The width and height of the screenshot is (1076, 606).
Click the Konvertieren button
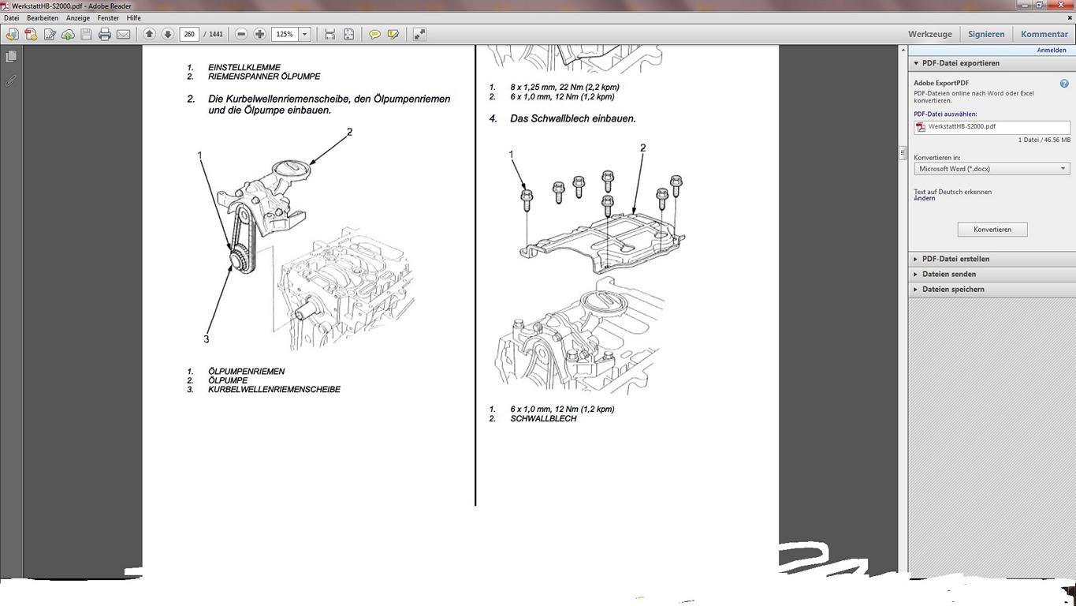(992, 230)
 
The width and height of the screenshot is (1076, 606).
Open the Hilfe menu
(133, 18)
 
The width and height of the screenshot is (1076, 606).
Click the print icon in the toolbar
(105, 34)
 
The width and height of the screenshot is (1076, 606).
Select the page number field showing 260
(189, 34)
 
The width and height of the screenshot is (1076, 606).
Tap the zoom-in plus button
(260, 34)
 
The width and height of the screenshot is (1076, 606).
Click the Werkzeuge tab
(930, 34)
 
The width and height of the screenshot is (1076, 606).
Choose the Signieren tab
(986, 34)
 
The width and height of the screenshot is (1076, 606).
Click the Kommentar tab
(1044, 34)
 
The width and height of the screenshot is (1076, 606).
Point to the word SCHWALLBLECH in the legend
(543, 418)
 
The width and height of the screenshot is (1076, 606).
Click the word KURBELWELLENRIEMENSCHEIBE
(274, 390)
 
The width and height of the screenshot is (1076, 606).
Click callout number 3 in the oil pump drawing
(207, 339)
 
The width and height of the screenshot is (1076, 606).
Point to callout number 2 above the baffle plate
(642, 148)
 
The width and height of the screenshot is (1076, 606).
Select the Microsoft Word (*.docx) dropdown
(992, 169)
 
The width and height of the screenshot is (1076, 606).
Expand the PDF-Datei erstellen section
(955, 259)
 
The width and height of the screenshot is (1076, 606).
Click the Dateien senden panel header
(949, 274)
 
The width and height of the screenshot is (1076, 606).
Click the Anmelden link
(1051, 50)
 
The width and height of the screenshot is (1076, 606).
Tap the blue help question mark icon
(1064, 83)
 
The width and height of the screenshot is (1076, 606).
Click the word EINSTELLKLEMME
(244, 67)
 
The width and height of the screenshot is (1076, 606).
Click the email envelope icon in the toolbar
(124, 34)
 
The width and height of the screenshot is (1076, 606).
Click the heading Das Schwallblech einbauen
(572, 118)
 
